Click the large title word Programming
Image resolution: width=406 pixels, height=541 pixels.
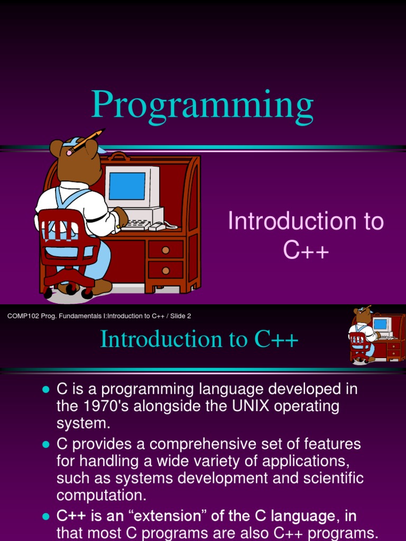(x=202, y=105)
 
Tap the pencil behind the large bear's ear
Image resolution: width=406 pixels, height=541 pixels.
(x=86, y=142)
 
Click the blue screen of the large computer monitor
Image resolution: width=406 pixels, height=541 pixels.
(x=127, y=186)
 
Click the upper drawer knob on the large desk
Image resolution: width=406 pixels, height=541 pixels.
(x=165, y=250)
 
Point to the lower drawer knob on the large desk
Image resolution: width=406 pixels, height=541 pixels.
(x=165, y=271)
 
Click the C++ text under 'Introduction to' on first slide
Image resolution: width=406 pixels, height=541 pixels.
(x=306, y=249)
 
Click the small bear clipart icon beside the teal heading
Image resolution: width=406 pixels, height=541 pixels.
(x=377, y=334)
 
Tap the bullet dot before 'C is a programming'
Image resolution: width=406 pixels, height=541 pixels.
(x=46, y=389)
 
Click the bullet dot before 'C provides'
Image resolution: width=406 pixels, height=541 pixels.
(x=46, y=444)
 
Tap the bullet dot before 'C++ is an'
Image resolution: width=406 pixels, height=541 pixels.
(x=46, y=517)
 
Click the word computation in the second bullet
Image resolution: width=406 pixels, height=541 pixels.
(x=101, y=496)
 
